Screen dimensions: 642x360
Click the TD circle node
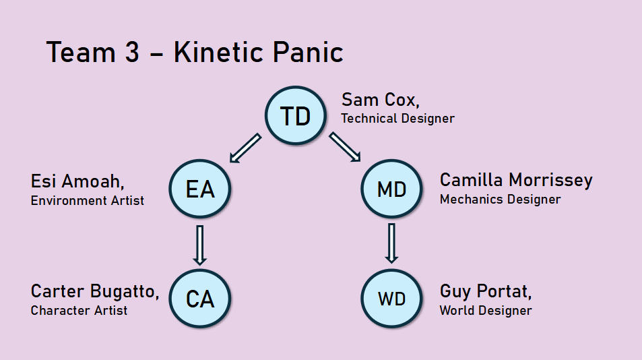(x=296, y=115)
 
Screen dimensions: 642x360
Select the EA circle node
(x=200, y=188)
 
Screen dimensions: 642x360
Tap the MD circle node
(x=391, y=188)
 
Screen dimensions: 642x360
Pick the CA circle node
(x=200, y=299)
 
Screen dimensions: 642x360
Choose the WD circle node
(x=391, y=299)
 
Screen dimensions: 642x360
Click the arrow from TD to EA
(x=245, y=148)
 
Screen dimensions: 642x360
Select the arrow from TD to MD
(x=345, y=147)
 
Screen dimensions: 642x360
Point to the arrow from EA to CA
(x=200, y=245)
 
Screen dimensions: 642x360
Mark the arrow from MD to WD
(x=391, y=243)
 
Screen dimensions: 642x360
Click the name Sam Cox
(x=381, y=100)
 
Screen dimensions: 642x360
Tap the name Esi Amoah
(x=77, y=181)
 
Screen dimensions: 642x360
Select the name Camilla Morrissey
(x=516, y=180)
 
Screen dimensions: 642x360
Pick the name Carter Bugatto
(x=94, y=291)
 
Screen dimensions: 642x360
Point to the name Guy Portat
(x=486, y=292)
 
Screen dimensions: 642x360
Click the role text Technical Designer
(x=397, y=119)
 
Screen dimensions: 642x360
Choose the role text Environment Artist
(x=87, y=200)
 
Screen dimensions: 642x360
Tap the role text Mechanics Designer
(x=500, y=200)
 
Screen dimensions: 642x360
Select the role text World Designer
(x=486, y=310)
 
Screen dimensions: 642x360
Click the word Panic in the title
(x=308, y=52)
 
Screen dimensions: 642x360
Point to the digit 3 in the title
(x=132, y=52)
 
